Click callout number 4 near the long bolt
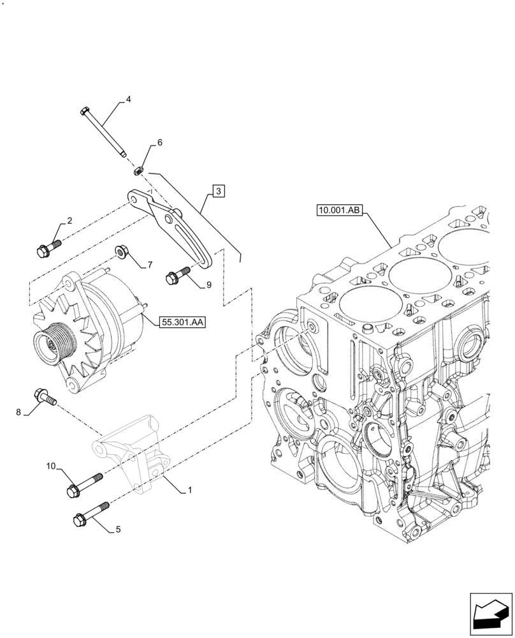(128, 100)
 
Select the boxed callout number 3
(218, 190)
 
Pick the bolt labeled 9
(176, 276)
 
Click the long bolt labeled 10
(83, 485)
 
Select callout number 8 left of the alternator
(19, 412)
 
